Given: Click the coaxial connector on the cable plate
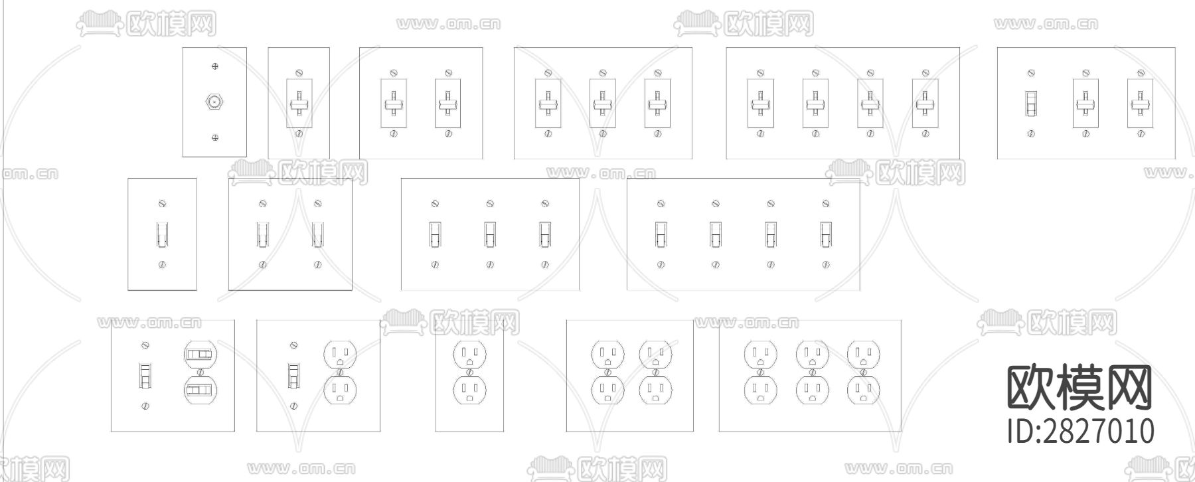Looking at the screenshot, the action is point(214,102).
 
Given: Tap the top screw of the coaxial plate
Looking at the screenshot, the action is point(214,66).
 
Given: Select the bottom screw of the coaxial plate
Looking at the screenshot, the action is point(214,137).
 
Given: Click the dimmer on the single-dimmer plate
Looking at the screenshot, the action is point(299,104).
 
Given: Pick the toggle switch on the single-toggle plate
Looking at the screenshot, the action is point(162,234).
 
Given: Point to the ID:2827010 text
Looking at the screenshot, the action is point(1080,431).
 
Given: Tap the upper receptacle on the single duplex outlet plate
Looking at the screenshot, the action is point(470,354).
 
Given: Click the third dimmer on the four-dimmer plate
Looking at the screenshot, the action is point(870,104).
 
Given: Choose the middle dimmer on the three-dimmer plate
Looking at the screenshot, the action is point(602,104).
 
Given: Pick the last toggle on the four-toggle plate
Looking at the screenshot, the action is point(825,234).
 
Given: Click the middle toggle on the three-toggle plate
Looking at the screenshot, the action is point(489,234).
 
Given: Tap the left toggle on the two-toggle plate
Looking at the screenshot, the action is point(263,234).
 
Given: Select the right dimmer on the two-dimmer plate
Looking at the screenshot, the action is point(448,104).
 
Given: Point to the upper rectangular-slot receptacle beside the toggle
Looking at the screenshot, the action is point(200,355).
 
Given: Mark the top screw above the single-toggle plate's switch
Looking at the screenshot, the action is point(162,204).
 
